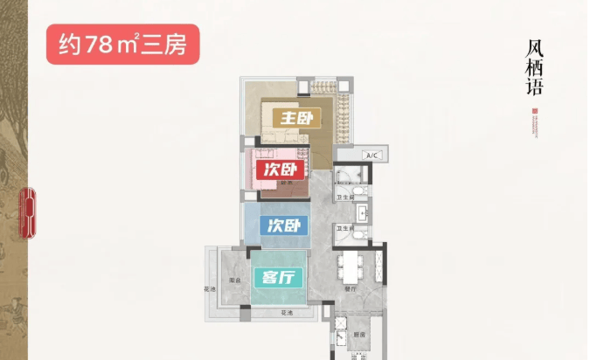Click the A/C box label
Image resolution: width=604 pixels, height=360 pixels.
370,156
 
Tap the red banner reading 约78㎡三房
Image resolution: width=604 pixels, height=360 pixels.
123,44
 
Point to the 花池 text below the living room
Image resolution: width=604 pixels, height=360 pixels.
286,312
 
